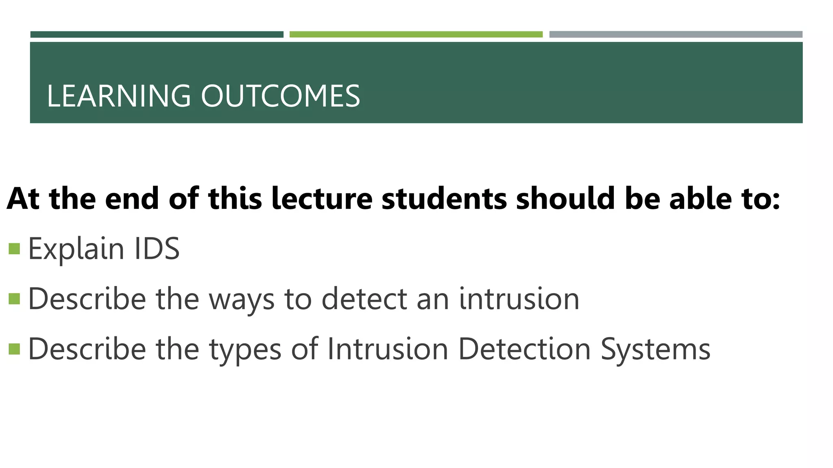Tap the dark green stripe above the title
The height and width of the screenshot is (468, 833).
pos(157,35)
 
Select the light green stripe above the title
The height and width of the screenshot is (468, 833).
pos(416,35)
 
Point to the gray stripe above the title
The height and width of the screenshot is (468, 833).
pos(676,35)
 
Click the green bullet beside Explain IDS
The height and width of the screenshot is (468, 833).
pos(14,249)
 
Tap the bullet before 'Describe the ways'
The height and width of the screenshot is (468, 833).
pos(14,299)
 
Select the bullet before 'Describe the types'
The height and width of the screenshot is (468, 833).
pos(14,349)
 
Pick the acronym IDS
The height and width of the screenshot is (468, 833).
pos(157,249)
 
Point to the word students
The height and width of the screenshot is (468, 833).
pos(444,199)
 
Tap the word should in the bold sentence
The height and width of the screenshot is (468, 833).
pos(565,199)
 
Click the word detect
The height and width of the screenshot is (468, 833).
pos(364,299)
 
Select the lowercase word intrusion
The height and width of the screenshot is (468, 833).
pos(519,299)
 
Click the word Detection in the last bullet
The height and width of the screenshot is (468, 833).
pos(524,349)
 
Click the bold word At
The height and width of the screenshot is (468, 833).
pos(23,199)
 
